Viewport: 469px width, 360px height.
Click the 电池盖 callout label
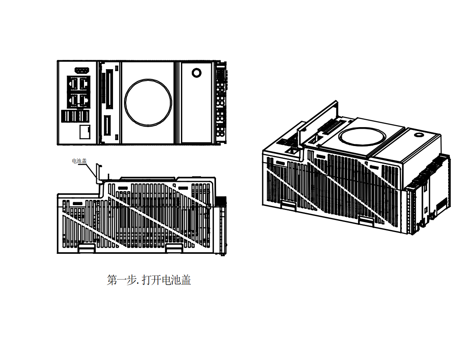click(79, 161)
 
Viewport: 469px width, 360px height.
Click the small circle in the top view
click(196, 73)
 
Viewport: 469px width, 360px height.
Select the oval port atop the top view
click(82, 70)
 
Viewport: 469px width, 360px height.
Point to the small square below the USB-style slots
click(85, 132)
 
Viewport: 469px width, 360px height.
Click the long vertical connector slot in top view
click(108, 89)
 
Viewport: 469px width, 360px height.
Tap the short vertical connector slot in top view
click(107, 125)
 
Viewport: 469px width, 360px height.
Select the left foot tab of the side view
click(86, 248)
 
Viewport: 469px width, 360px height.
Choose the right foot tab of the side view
click(174, 249)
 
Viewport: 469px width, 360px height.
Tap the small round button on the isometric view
click(419, 134)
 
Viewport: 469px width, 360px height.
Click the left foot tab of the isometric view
click(288, 206)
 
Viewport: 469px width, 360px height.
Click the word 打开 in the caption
click(151, 280)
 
